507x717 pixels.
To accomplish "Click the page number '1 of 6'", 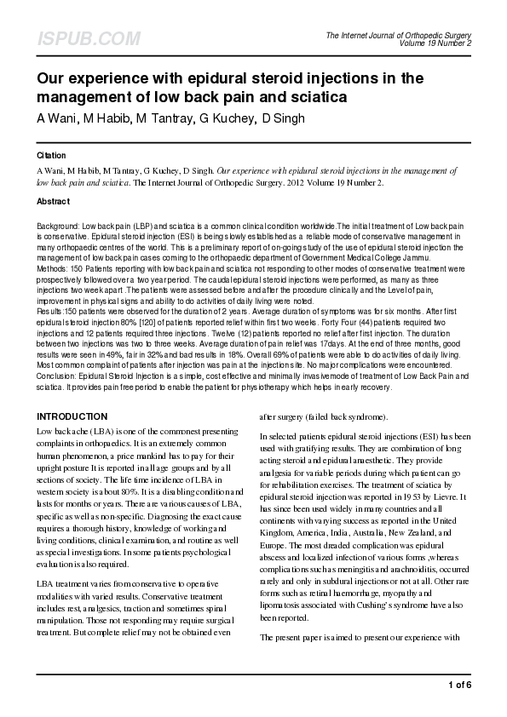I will click(x=458, y=685).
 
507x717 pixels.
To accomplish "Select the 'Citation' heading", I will click(x=52, y=157).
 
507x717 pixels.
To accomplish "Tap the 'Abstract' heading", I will click(x=53, y=202).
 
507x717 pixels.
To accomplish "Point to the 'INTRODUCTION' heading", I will click(x=71, y=416).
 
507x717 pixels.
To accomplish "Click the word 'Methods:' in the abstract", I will click(x=52, y=267).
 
